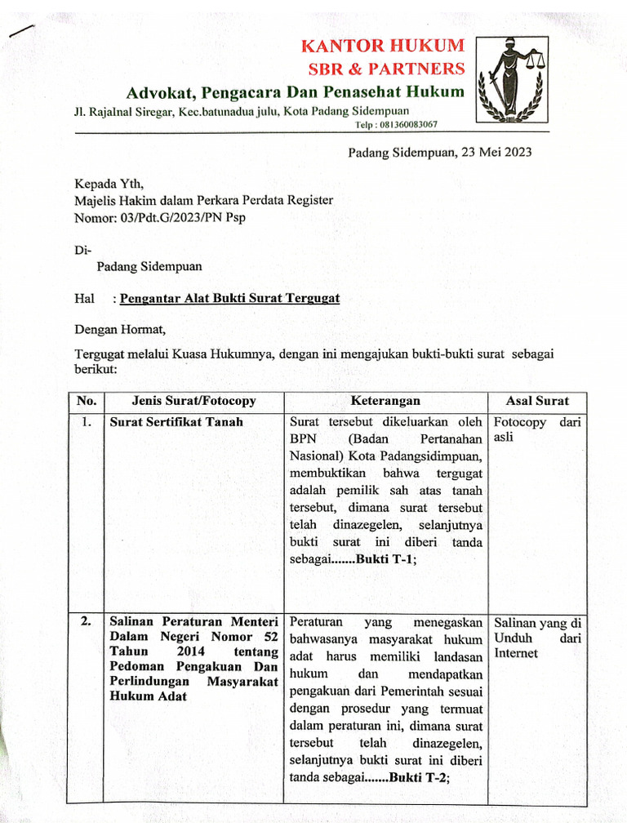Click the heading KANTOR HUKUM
pyautogui.click(x=382, y=45)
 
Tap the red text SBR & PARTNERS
pyautogui.click(x=385, y=68)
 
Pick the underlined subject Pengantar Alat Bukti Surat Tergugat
pyautogui.click(x=229, y=298)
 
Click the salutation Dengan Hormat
pyautogui.click(x=120, y=330)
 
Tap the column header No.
pyautogui.click(x=86, y=401)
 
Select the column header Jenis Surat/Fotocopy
pyautogui.click(x=193, y=401)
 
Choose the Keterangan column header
pyautogui.click(x=385, y=401)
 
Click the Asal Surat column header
pyautogui.click(x=538, y=401)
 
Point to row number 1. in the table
pyautogui.click(x=86, y=422)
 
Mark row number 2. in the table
pyautogui.click(x=86, y=621)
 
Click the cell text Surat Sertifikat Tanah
pyautogui.click(x=176, y=422)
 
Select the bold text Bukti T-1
pyautogui.click(x=386, y=559)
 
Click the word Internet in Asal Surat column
pyautogui.click(x=516, y=653)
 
